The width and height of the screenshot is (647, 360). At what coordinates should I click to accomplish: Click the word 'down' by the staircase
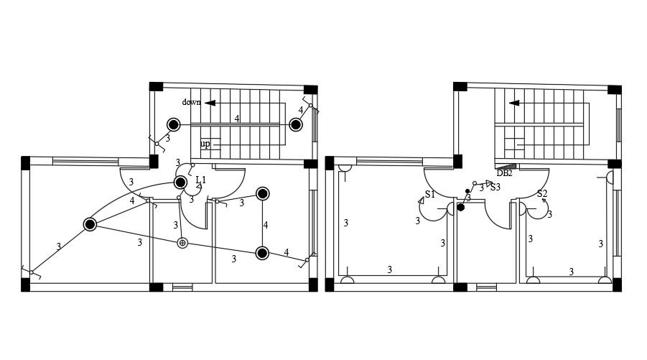pyautogui.click(x=191, y=102)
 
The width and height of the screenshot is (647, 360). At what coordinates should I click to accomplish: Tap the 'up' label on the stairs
pyautogui.click(x=205, y=144)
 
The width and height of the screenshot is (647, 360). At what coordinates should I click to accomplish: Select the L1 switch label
pyautogui.click(x=201, y=180)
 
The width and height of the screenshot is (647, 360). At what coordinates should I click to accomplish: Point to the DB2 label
pyautogui.click(x=505, y=173)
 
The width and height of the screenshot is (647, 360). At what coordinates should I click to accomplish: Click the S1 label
pyautogui.click(x=429, y=195)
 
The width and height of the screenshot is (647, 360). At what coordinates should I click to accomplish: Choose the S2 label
pyautogui.click(x=542, y=194)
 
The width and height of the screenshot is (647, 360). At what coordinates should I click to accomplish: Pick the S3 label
pyautogui.click(x=495, y=188)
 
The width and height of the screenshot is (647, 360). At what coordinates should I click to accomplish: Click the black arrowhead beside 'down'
pyautogui.click(x=210, y=103)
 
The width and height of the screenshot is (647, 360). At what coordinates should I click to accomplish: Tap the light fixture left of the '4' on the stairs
pyautogui.click(x=174, y=124)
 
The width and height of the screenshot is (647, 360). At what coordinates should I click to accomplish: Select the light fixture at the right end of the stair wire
pyautogui.click(x=295, y=124)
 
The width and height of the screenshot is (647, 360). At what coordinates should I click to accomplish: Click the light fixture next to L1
pyautogui.click(x=181, y=183)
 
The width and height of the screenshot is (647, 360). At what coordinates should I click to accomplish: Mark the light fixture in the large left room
pyautogui.click(x=90, y=225)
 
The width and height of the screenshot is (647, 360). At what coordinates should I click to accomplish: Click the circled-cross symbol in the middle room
pyautogui.click(x=182, y=243)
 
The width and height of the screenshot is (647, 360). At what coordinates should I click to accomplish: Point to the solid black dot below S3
pyautogui.click(x=461, y=208)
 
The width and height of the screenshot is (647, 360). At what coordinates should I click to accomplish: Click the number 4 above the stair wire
pyautogui.click(x=237, y=119)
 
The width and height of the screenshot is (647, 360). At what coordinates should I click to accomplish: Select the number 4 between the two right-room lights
pyautogui.click(x=266, y=225)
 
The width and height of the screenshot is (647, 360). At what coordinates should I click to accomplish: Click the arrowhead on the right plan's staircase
pyautogui.click(x=513, y=103)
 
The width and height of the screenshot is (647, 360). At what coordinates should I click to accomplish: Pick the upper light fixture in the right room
pyautogui.click(x=263, y=194)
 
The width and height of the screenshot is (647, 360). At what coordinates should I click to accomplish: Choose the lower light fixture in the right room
pyautogui.click(x=263, y=252)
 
